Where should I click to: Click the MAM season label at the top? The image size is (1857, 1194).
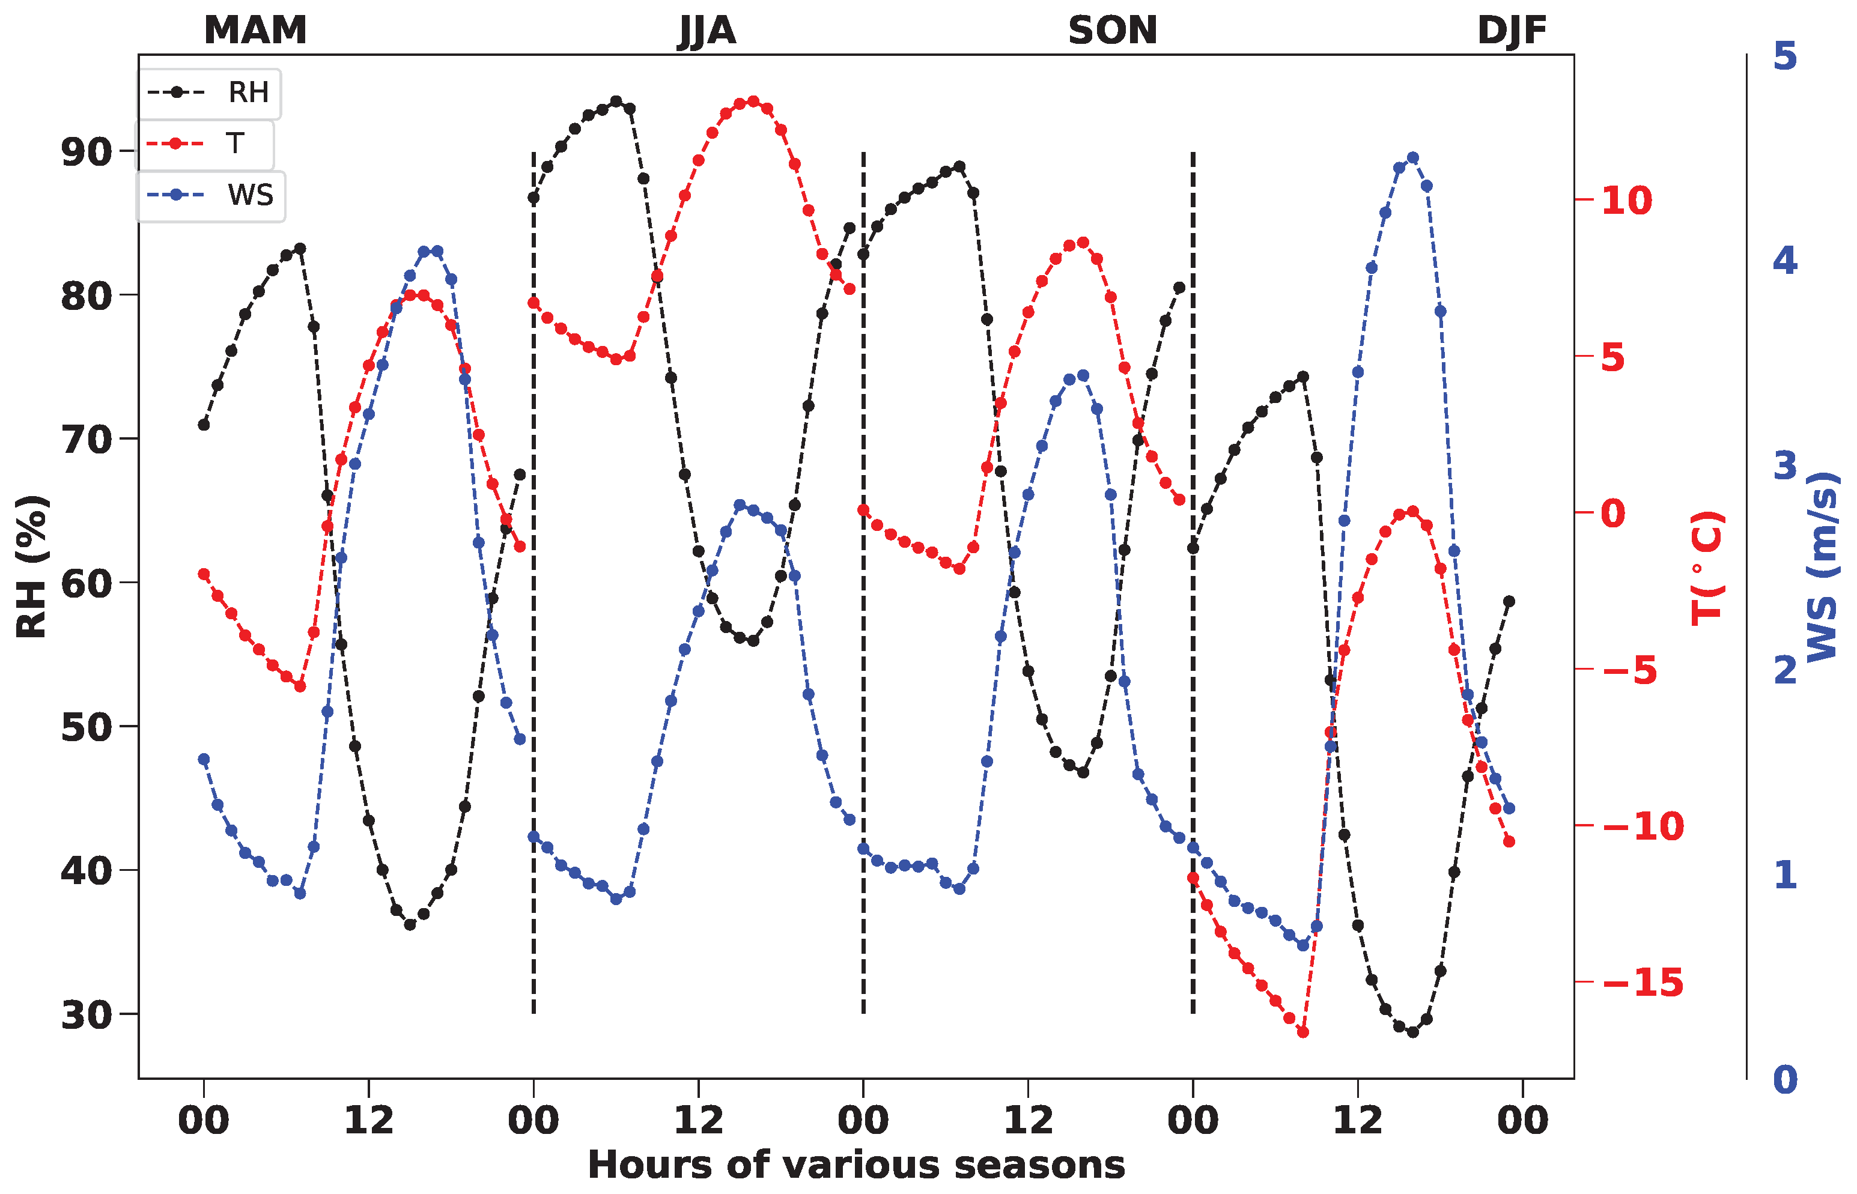tap(255, 31)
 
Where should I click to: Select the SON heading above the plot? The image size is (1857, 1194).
tap(1112, 31)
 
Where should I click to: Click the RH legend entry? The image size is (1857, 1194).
tap(209, 92)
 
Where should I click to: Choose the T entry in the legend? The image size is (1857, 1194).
tap(205, 144)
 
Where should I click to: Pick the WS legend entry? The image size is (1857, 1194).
tap(211, 195)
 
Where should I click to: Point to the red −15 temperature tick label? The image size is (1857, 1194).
tap(1643, 983)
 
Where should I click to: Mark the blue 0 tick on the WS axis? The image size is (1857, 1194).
tap(1785, 1079)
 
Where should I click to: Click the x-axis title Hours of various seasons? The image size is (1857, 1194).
tap(856, 1165)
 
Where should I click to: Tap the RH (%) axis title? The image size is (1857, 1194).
tap(32, 566)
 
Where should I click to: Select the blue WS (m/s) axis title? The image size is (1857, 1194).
tap(1822, 566)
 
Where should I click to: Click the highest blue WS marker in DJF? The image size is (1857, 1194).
tap(1412, 158)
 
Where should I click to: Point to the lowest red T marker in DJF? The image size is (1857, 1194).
tap(1302, 1032)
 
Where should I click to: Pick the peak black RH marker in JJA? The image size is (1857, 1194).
tap(616, 102)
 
